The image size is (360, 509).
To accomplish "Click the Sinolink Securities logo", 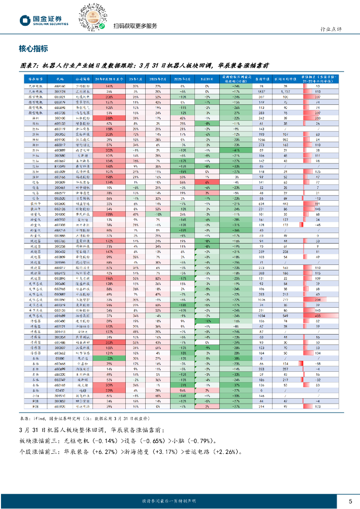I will [44, 20].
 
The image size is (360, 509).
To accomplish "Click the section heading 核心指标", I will [33, 49].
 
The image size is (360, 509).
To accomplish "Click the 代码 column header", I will [60, 79].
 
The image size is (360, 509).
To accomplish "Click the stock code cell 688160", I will [60, 86].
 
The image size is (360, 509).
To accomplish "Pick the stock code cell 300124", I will [60, 91].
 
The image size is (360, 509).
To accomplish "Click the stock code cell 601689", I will [60, 315].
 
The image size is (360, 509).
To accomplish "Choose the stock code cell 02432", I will [60, 391].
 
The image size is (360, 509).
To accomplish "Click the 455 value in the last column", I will [317, 315].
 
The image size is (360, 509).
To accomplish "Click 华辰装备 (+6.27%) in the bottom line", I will [90, 452].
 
